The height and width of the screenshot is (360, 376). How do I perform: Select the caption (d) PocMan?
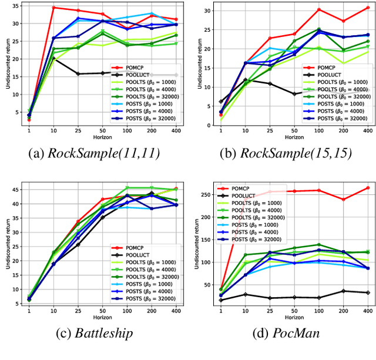click(284, 334)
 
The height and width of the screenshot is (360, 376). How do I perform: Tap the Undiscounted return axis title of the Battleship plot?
click(4, 246)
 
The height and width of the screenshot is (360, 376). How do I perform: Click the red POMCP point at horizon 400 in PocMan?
click(367, 188)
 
